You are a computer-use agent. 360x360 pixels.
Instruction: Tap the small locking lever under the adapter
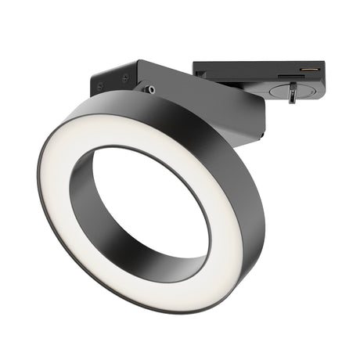coord(291,95)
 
